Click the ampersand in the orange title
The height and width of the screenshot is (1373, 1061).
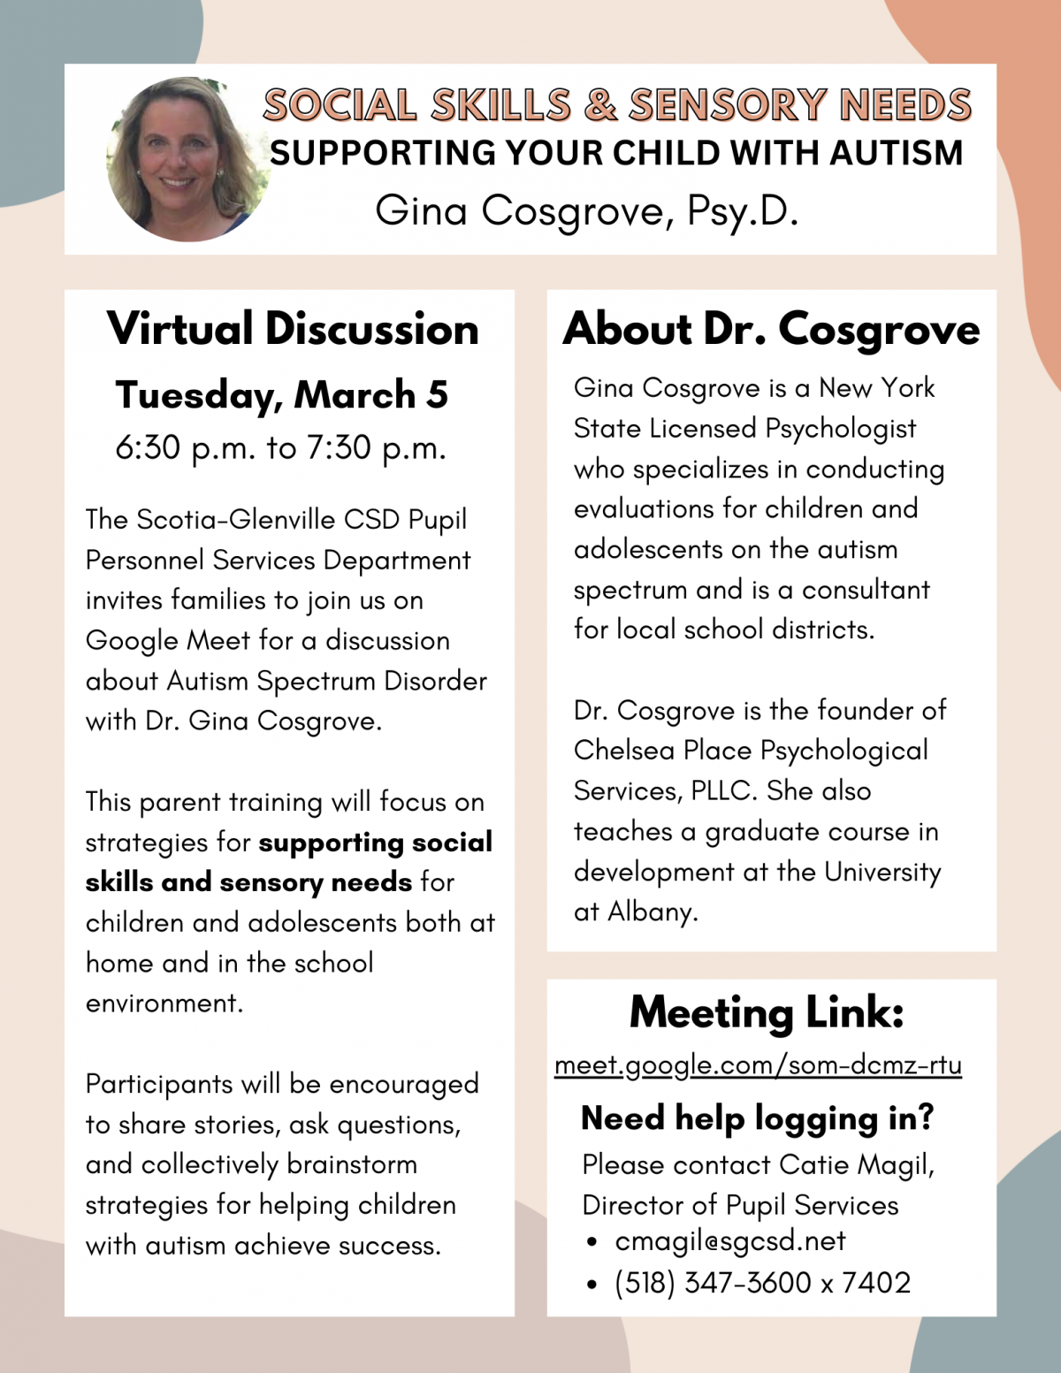click(x=600, y=105)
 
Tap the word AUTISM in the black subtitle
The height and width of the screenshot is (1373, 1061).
click(x=896, y=153)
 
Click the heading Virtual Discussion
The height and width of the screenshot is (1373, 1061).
click(x=293, y=329)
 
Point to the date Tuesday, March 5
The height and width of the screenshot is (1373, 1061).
click(x=281, y=395)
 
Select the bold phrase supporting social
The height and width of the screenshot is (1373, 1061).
click(x=375, y=842)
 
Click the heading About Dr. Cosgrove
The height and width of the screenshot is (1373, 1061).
click(x=771, y=330)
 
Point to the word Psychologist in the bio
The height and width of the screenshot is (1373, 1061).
click(x=840, y=429)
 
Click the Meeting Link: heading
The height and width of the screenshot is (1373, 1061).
click(x=767, y=1012)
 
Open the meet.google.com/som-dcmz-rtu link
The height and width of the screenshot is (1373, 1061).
click(x=758, y=1065)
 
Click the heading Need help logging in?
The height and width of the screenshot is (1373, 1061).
click(x=757, y=1118)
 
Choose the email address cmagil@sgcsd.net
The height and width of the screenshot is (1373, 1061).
click(x=730, y=1241)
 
